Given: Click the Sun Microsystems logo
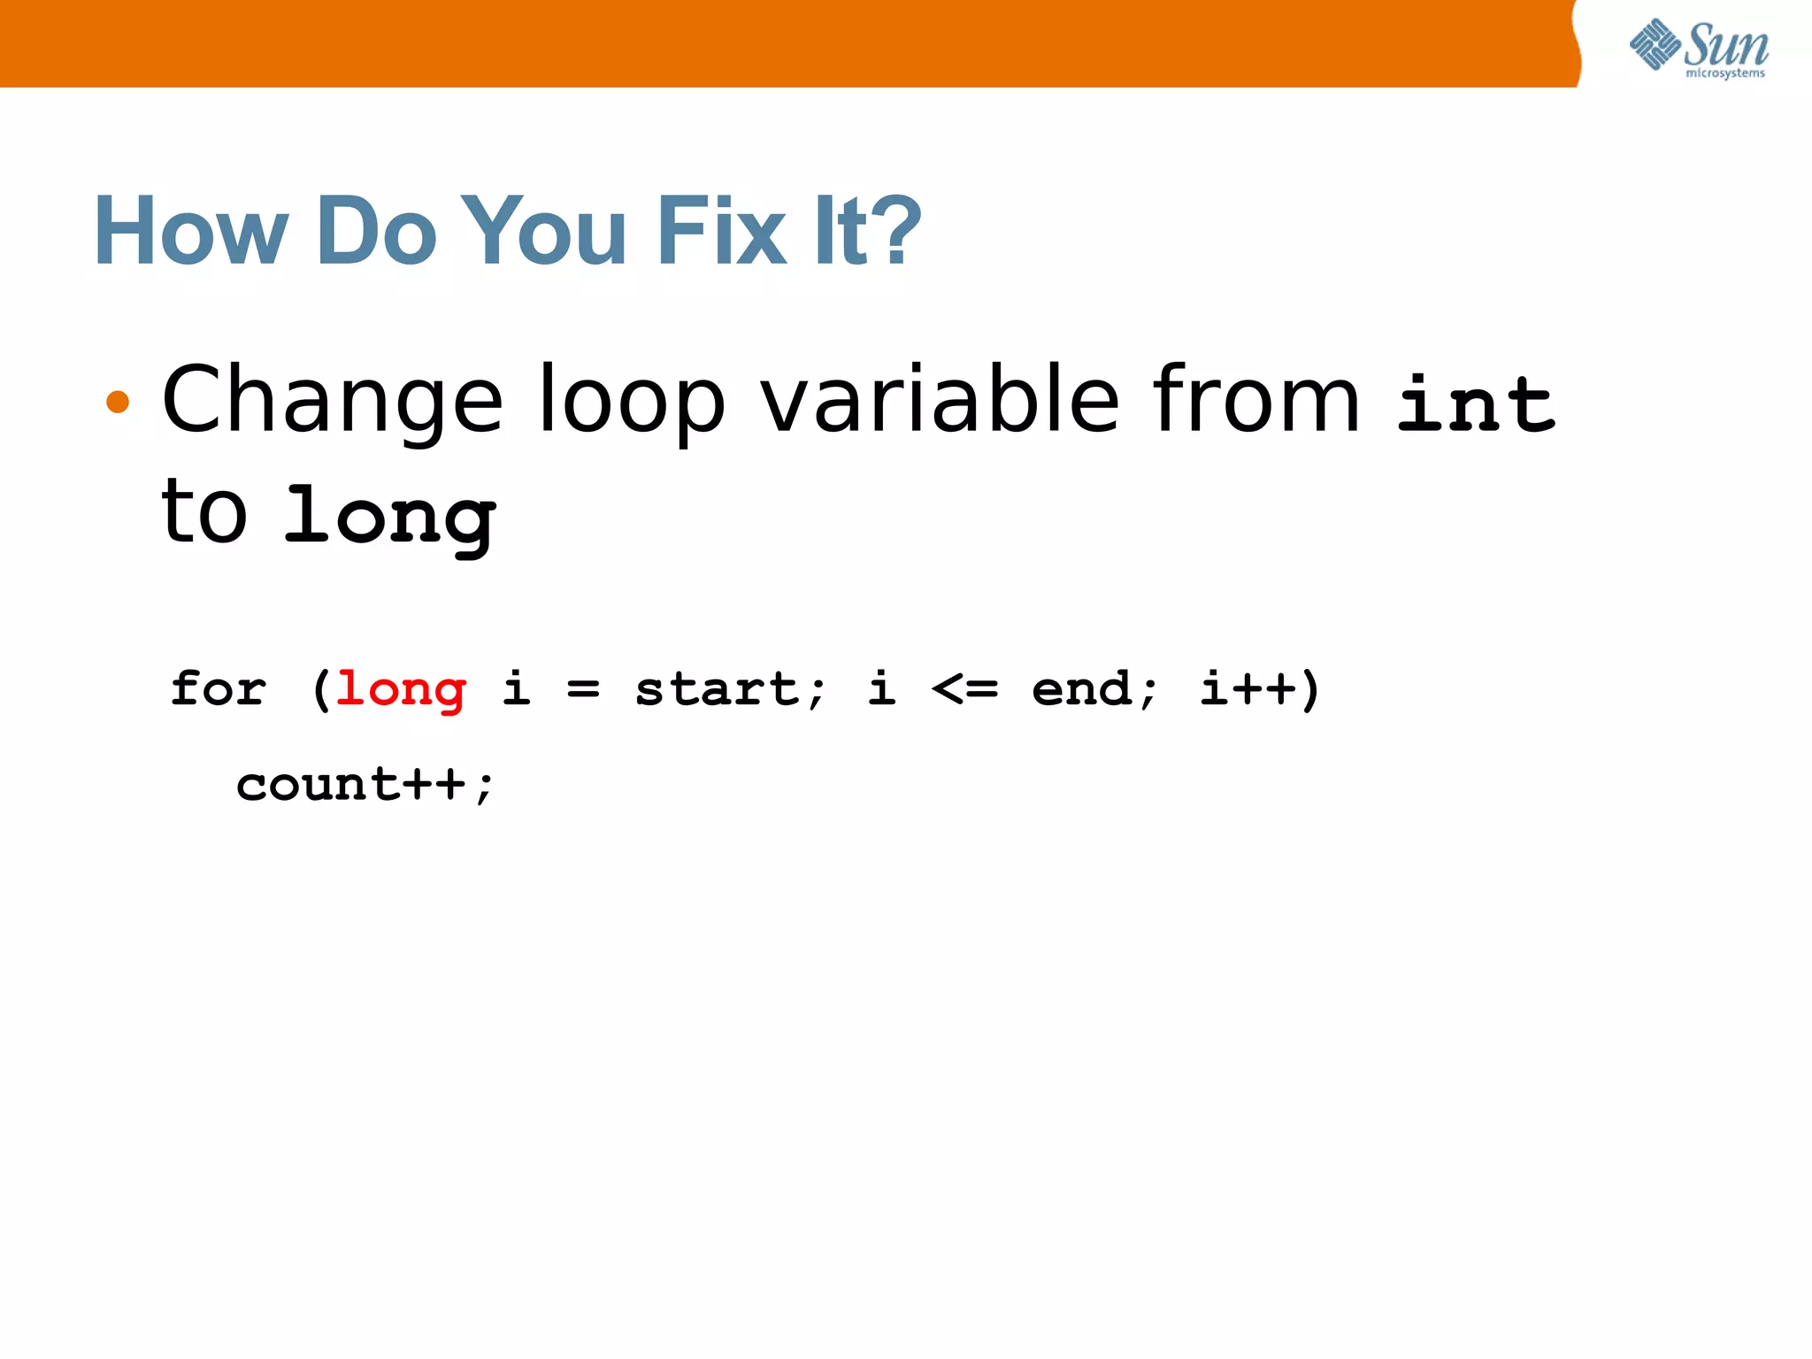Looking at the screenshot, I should pos(1699,48).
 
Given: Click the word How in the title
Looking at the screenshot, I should pos(191,231).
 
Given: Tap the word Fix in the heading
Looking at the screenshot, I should pos(721,231).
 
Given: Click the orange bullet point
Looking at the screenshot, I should pos(118,403).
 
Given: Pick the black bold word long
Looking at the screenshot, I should pos(389,518).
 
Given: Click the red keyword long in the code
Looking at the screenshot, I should pos(401,689).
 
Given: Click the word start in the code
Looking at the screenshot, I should pos(718,689).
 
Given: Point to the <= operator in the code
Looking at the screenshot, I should pos(964,689).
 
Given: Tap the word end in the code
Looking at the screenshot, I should pos(1081,689).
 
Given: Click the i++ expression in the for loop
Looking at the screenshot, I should pos(1248,689).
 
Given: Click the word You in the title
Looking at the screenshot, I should pos(543,231).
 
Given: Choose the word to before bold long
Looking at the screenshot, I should pos(203,513).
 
